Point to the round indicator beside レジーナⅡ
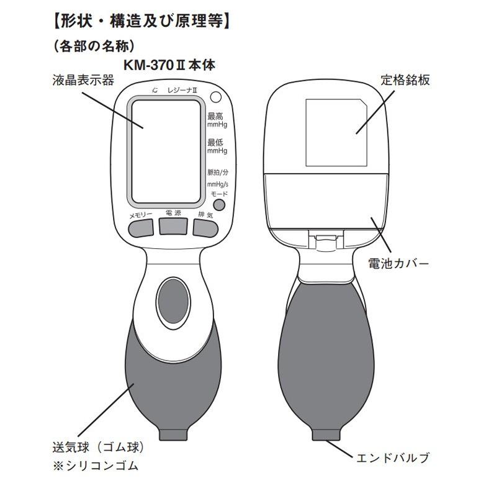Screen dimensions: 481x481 pyautogui.click(x=216, y=97)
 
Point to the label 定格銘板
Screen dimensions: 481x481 pyautogui.click(x=405, y=80)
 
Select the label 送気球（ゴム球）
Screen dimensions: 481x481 pyautogui.click(x=98, y=447)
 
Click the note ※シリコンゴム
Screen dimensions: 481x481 pyautogui.click(x=96, y=465)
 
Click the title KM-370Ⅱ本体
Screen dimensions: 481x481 pyautogui.click(x=169, y=65)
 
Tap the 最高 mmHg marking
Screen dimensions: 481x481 pyautogui.click(x=217, y=120)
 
